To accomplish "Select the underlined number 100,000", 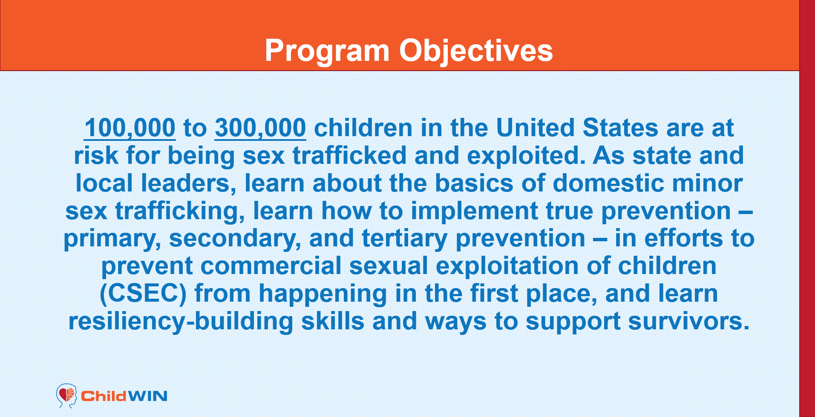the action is click(x=130, y=128).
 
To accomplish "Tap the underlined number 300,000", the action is click(x=260, y=128).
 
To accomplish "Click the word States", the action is click(x=620, y=128).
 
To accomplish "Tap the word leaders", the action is click(x=189, y=183).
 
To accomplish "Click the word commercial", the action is click(x=271, y=266).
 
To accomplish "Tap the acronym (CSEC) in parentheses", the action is click(x=143, y=294).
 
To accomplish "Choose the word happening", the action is click(x=323, y=294).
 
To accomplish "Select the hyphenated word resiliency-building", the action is click(x=181, y=322).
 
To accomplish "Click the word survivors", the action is click(x=688, y=322).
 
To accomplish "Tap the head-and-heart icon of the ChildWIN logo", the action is click(x=66, y=396).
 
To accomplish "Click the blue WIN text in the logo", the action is click(x=147, y=396).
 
